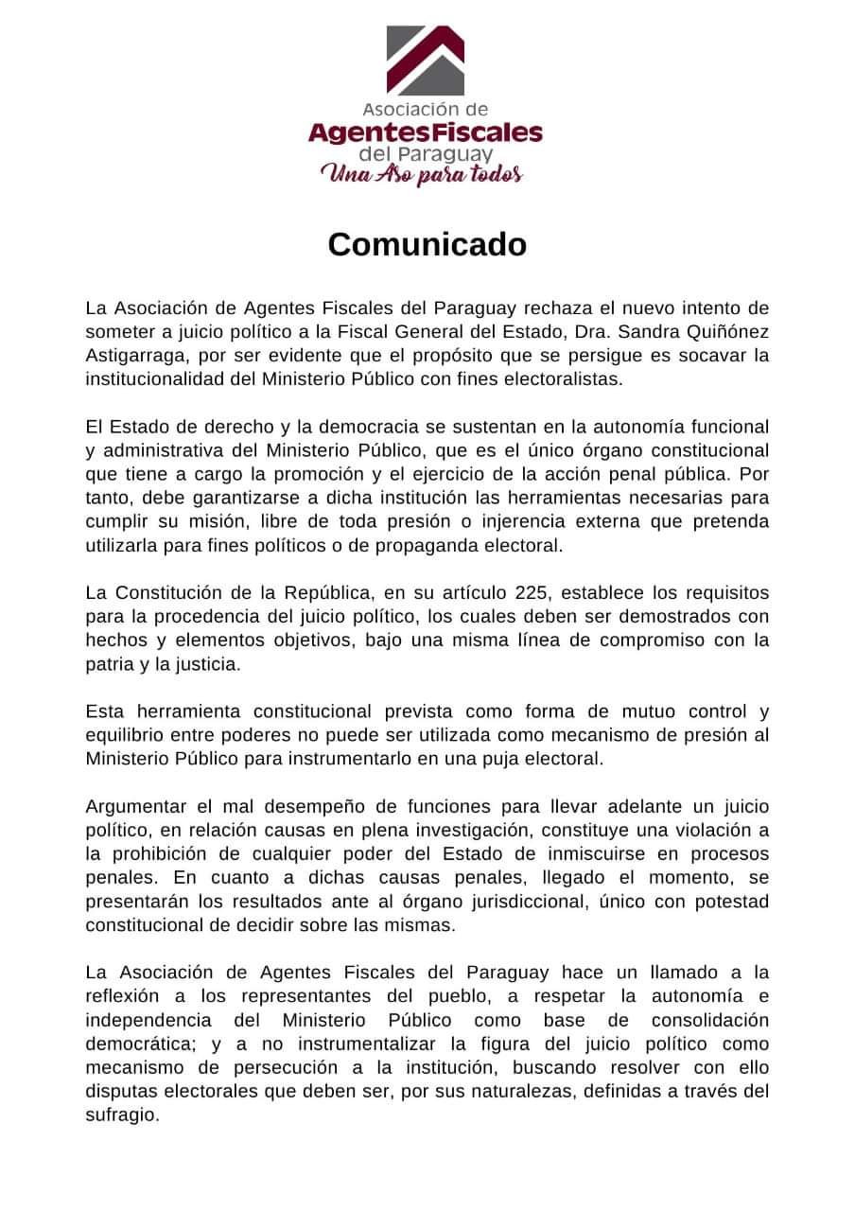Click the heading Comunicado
pos(427,244)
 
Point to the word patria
pos(107,664)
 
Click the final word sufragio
pos(122,1115)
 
